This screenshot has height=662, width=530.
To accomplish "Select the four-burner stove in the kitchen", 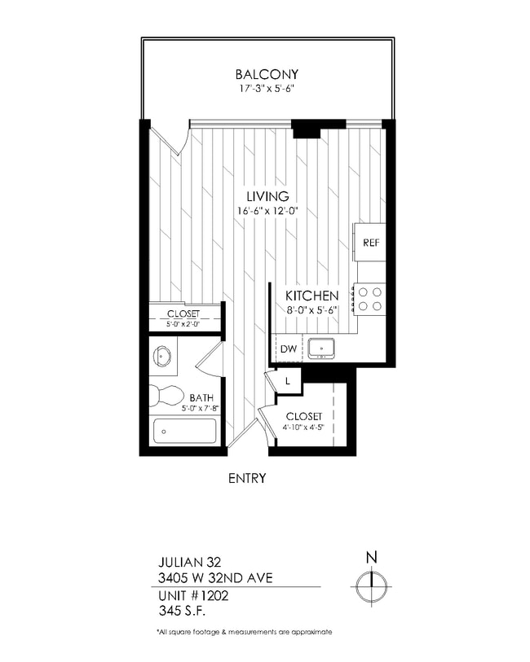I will click(x=368, y=299).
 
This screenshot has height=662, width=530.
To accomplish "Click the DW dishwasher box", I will click(x=288, y=349).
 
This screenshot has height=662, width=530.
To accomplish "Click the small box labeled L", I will click(x=288, y=381).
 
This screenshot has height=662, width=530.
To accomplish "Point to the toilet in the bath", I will click(x=168, y=396).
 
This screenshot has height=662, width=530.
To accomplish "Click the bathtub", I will click(x=185, y=431).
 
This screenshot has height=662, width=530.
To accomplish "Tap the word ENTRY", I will click(x=247, y=478).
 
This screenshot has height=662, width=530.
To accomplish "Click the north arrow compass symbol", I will click(x=371, y=585).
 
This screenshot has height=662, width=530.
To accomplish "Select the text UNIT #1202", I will click(x=192, y=595).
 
